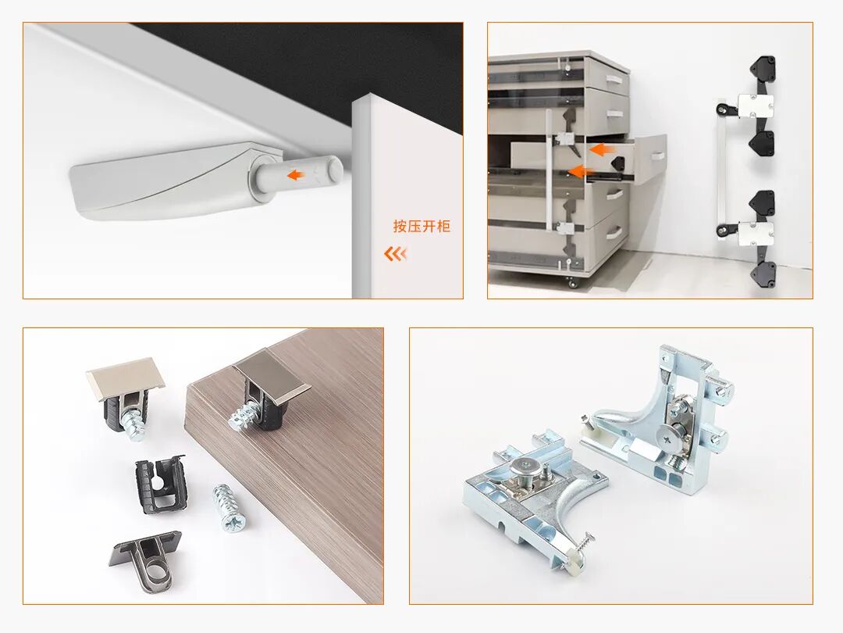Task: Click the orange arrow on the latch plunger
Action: click(296, 175)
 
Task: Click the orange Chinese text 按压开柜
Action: click(421, 226)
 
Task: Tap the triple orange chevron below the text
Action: click(395, 253)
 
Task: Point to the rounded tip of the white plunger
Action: click(336, 168)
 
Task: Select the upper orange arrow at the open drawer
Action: click(602, 149)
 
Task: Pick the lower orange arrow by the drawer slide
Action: click(581, 172)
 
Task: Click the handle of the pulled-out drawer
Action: click(657, 156)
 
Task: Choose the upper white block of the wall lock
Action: click(756, 106)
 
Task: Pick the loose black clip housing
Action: click(159, 484)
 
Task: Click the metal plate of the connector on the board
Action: click(272, 381)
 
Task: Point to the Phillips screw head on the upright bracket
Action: click(669, 441)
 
